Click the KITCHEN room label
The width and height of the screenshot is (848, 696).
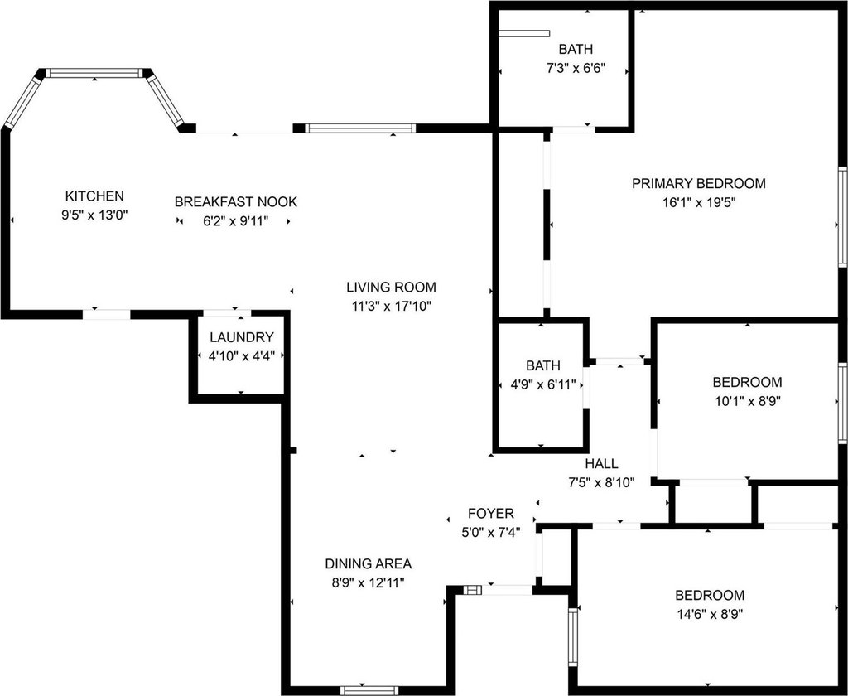point(94,196)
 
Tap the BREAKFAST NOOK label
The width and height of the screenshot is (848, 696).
point(235,201)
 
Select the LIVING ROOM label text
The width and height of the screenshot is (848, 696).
point(391,288)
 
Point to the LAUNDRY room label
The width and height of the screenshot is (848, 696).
point(241,337)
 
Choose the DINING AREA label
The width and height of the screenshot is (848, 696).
point(368,563)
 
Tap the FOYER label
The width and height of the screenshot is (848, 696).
point(490,514)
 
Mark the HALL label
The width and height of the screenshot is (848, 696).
point(600,463)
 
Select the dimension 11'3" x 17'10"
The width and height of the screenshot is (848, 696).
point(391,306)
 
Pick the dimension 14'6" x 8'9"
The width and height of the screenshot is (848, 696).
point(709,614)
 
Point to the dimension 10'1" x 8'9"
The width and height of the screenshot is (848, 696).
point(747,401)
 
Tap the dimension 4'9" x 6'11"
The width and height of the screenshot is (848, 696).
point(542,384)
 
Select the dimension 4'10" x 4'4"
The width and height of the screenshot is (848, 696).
point(241,355)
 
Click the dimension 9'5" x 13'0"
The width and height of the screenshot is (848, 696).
point(94,215)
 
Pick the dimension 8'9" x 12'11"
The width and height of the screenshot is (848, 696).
point(368,582)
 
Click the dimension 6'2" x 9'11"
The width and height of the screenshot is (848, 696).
point(235,220)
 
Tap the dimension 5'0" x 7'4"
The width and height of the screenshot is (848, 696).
point(490,532)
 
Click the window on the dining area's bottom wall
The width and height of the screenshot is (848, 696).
point(364,690)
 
